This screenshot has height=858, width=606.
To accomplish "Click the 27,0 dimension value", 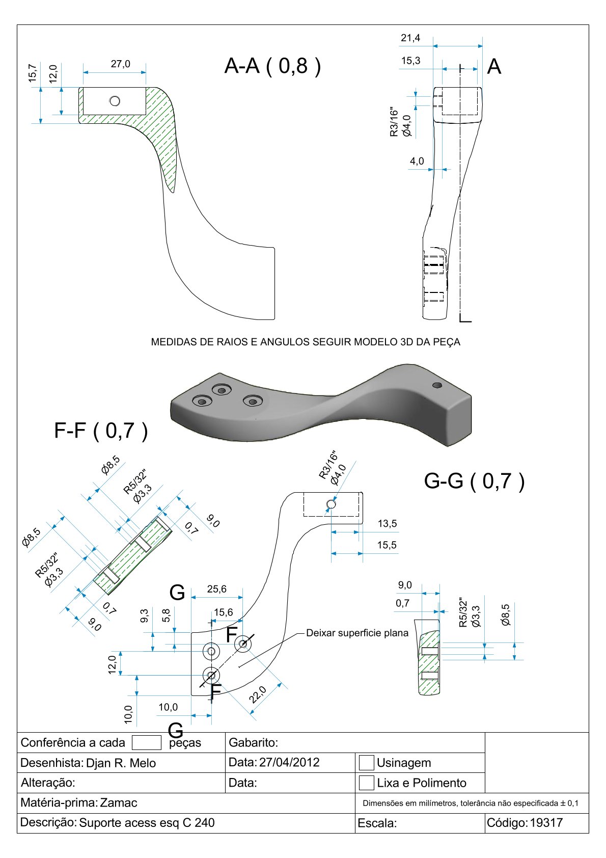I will tap(120, 64).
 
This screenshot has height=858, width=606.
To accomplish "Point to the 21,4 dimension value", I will tap(410, 38).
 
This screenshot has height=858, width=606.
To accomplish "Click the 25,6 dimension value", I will tap(216, 589).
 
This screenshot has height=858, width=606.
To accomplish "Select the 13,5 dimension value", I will tap(387, 523).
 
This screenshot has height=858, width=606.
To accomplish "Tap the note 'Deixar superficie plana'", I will tap(357, 633).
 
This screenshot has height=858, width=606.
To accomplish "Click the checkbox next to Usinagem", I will tap(366, 763).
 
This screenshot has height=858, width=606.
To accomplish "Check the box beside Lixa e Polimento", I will tap(366, 783).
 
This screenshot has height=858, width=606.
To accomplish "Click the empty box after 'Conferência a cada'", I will tap(146, 742).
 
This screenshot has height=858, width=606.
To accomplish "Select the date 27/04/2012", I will tap(289, 762).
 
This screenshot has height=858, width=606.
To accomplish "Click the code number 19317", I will tap(546, 822).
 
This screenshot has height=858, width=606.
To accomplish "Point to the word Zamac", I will tap(119, 802).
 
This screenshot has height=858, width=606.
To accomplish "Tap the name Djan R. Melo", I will tap(121, 763).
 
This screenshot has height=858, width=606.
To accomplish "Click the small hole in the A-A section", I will tap(115, 101).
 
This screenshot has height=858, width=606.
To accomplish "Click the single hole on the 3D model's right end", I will tap(436, 385).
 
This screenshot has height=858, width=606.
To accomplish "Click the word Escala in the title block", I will tap(377, 823).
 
